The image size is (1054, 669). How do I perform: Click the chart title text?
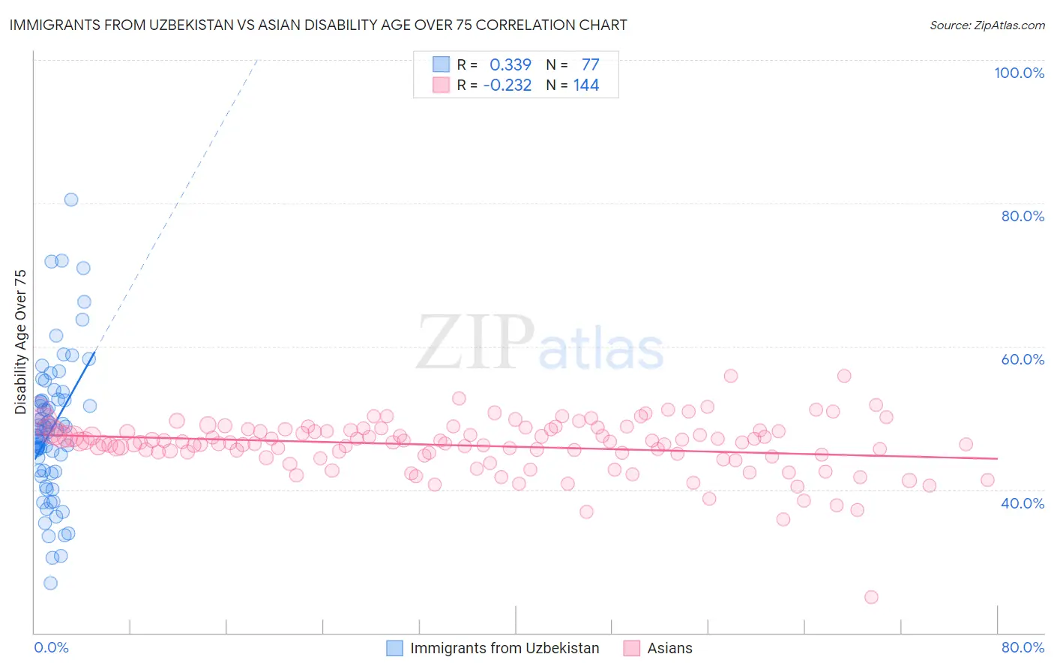318,25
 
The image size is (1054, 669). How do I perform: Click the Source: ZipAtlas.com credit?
987,25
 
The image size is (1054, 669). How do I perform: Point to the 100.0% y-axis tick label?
1019,73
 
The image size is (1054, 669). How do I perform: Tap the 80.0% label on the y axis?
1023,216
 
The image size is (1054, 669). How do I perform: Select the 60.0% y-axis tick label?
1023,359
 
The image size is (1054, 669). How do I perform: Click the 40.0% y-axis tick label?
1023,503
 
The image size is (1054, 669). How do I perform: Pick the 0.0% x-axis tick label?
51,647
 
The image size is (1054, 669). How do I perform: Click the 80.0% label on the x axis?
1023,647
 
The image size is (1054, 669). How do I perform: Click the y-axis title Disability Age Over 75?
20,342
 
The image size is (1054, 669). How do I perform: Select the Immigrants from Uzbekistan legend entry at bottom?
504,648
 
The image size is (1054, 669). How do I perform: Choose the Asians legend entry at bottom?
669,648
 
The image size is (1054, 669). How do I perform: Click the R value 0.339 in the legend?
511,65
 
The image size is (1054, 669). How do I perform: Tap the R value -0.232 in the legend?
508,85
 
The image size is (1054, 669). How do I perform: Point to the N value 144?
586,85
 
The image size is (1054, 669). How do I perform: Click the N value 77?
591,65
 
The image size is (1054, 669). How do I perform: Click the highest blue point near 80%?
71,199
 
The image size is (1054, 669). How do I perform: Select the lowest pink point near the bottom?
871,597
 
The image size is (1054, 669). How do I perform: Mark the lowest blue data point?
50,583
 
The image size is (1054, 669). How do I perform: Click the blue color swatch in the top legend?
442,64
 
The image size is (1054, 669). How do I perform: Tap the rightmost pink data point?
987,480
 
